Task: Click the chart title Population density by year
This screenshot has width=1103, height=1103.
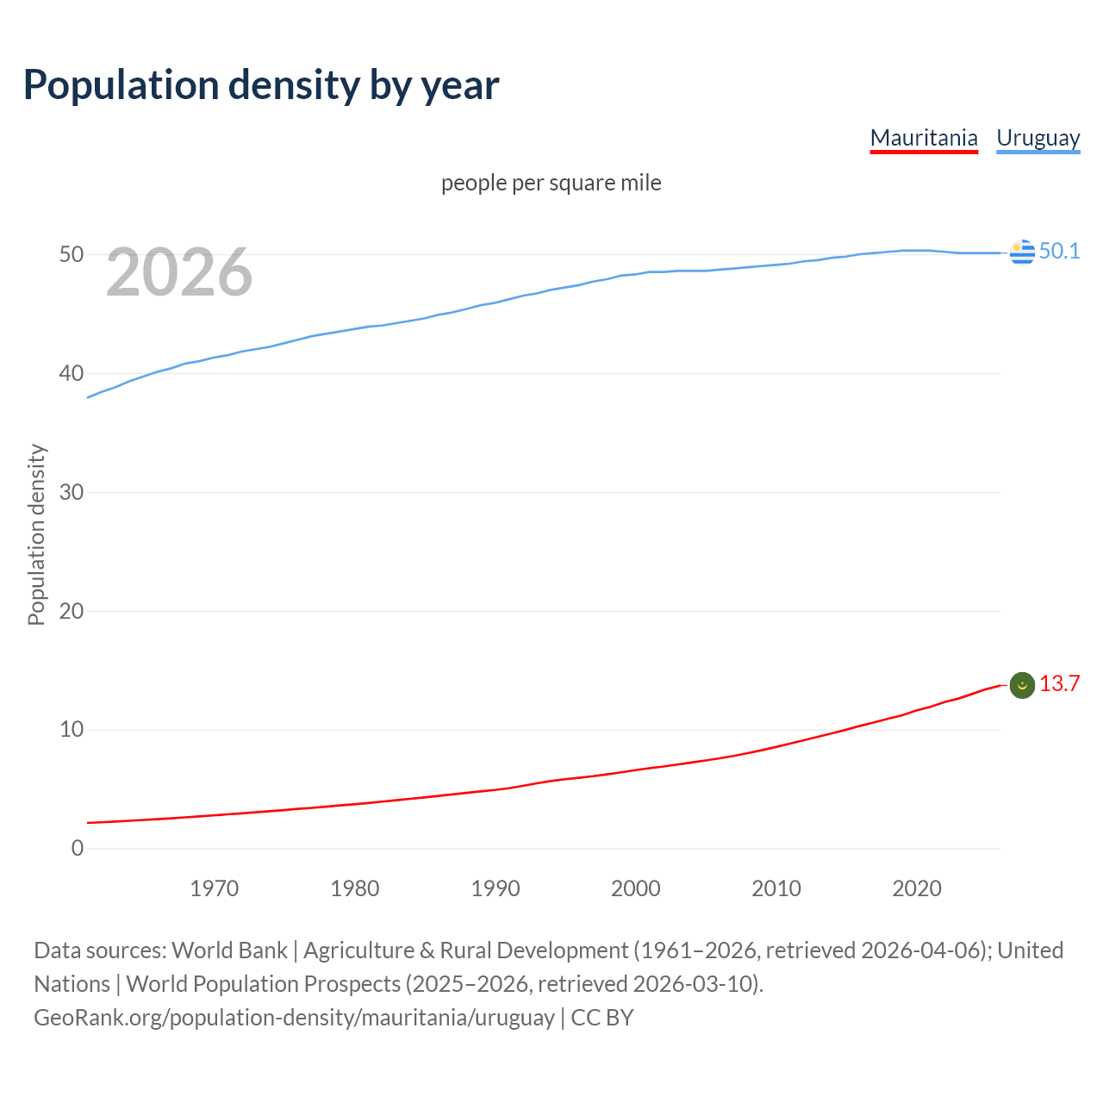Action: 261,85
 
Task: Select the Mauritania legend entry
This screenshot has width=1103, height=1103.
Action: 924,138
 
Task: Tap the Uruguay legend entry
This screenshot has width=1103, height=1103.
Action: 1038,138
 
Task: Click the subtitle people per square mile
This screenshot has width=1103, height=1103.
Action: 551,183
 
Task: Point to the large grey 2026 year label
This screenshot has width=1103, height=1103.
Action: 179,272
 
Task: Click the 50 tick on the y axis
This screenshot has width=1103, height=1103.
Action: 72,255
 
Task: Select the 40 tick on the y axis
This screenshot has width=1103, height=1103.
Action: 72,373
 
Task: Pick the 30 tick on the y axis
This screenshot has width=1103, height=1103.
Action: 72,492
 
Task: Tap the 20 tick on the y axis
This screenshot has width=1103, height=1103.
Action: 72,611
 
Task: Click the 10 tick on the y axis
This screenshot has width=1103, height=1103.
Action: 72,730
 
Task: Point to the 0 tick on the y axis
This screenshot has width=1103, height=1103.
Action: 78,848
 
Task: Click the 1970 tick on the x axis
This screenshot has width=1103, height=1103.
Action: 215,888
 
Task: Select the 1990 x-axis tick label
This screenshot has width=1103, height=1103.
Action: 495,888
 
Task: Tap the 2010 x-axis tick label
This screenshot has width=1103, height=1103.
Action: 776,888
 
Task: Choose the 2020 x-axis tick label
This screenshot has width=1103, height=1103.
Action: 917,888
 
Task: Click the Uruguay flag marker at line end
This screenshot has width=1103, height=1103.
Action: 1022,252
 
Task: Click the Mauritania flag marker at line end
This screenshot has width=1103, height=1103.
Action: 1022,685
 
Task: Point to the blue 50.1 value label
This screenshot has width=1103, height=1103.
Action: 1059,251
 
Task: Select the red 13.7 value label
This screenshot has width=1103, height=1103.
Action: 1059,683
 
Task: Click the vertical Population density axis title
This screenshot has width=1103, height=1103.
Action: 36,534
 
